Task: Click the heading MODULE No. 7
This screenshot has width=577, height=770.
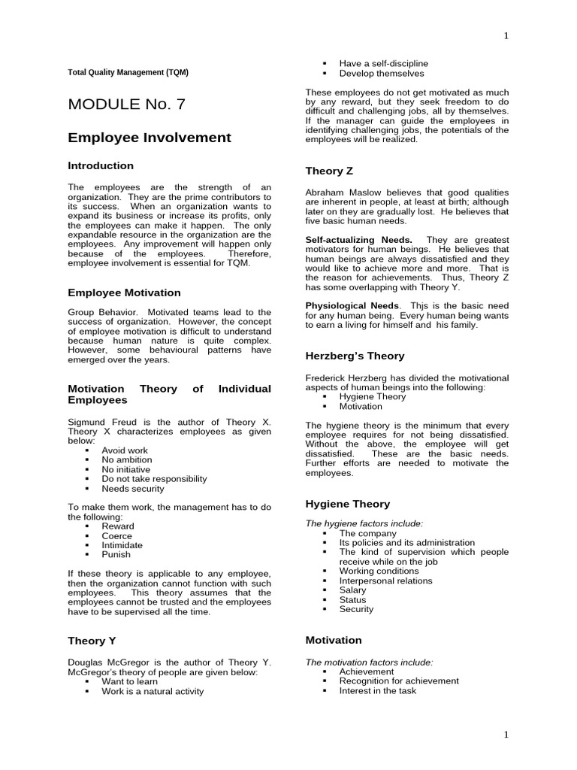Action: click(127, 105)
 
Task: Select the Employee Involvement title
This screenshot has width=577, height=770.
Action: click(150, 138)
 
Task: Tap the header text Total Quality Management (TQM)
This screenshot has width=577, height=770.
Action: click(128, 72)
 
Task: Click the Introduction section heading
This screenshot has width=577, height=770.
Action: click(101, 165)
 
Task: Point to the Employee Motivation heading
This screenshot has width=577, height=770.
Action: click(124, 293)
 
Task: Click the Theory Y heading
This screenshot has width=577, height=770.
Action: click(92, 641)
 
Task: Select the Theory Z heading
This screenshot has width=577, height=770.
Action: click(329, 171)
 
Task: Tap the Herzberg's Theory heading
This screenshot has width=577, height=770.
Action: click(355, 356)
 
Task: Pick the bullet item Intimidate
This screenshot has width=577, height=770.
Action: click(122, 545)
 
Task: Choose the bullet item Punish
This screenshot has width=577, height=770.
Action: click(116, 554)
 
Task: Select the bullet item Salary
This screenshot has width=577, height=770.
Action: click(352, 590)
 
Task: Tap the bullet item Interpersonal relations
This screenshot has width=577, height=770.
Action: click(385, 581)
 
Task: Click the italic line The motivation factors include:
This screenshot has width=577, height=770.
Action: click(369, 662)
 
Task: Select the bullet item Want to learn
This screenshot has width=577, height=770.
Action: click(129, 681)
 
